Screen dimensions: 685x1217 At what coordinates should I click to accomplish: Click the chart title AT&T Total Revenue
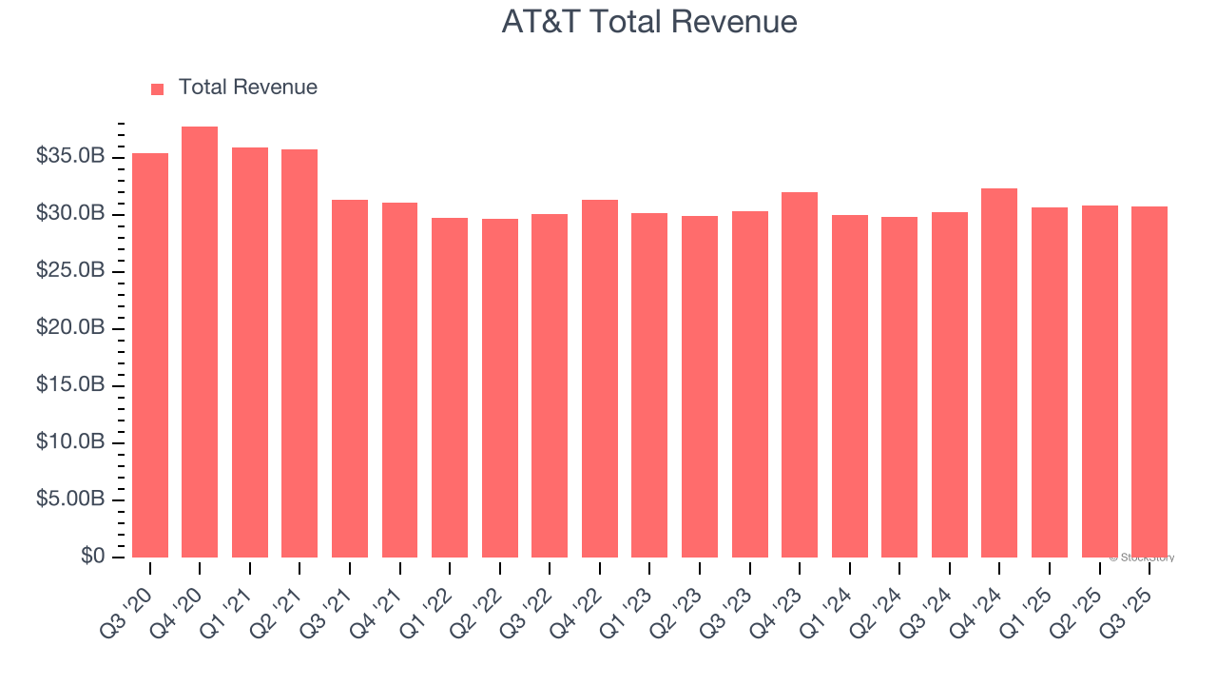(x=649, y=22)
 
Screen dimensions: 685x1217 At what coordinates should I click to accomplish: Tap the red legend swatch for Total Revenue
(x=158, y=88)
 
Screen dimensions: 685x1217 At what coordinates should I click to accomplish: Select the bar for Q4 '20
(x=200, y=342)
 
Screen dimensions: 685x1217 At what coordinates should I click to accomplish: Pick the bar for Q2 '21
(x=299, y=353)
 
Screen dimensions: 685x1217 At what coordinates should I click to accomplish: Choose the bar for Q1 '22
(x=450, y=387)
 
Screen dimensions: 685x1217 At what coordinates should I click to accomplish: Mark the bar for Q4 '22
(x=600, y=379)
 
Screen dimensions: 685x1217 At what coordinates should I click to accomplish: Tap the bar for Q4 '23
(x=800, y=375)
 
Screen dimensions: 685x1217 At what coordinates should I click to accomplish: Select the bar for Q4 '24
(x=999, y=373)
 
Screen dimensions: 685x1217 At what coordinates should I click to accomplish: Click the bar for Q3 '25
(x=1149, y=382)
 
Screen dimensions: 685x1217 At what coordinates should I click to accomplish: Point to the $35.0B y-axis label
(x=69, y=156)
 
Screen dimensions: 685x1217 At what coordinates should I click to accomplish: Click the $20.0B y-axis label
(x=69, y=328)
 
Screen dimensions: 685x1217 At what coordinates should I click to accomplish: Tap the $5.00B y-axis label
(x=69, y=499)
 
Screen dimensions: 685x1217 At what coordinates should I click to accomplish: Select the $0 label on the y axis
(x=91, y=557)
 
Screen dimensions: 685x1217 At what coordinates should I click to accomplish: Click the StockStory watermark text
(x=1142, y=558)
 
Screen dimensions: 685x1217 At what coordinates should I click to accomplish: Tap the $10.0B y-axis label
(x=69, y=442)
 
